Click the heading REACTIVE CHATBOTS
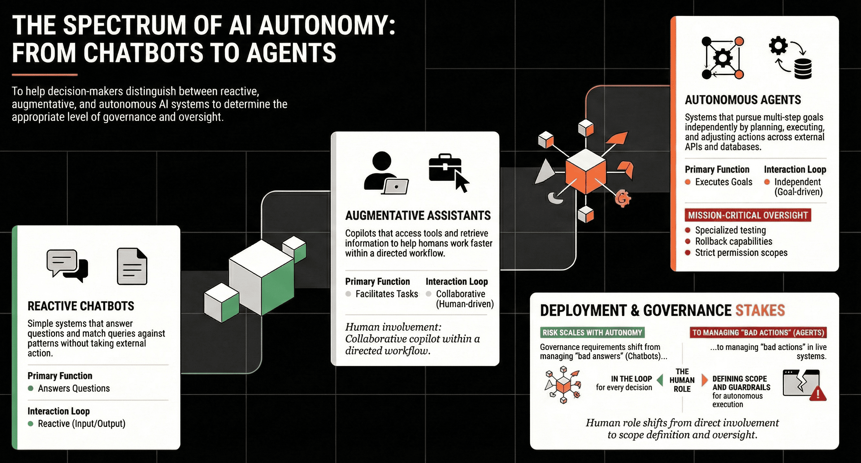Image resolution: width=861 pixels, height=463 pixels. click(81, 306)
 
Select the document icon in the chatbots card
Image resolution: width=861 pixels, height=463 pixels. click(132, 266)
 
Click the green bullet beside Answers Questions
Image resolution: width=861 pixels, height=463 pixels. click(31, 389)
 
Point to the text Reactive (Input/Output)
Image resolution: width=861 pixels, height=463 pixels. click(82, 424)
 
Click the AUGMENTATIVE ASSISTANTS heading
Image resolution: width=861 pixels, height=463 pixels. click(418, 216)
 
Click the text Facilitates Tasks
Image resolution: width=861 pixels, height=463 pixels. click(387, 294)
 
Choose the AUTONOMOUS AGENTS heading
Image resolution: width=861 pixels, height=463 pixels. click(743, 100)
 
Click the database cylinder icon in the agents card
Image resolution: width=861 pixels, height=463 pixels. click(803, 69)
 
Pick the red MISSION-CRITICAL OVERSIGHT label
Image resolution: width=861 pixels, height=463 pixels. click(748, 215)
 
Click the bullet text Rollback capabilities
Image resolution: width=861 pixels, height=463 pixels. click(734, 241)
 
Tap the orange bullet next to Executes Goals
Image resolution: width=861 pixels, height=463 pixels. click(688, 182)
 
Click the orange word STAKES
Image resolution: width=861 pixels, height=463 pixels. click(760, 311)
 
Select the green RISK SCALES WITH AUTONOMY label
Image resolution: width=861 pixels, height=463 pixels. click(592, 333)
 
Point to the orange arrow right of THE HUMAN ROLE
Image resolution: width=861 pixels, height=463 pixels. click(704, 380)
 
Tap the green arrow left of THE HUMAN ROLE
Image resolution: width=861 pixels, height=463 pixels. click(660, 380)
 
